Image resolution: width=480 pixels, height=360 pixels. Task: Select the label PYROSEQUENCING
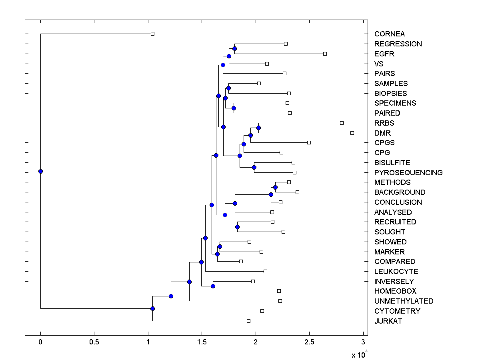click(x=408, y=173)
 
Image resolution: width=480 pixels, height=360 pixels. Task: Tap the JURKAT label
click(x=388, y=321)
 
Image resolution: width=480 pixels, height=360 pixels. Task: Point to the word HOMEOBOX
click(x=395, y=291)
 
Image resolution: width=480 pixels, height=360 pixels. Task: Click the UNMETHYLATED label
click(x=404, y=301)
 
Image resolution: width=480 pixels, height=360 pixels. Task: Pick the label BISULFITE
click(x=392, y=163)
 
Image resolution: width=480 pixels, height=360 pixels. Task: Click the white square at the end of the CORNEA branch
click(x=152, y=34)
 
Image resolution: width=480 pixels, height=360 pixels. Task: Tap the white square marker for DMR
click(x=352, y=133)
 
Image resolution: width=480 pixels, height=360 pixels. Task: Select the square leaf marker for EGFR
click(x=325, y=54)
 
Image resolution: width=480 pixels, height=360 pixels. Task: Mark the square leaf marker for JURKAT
click(x=248, y=321)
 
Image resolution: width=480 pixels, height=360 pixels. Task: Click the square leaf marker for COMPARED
click(x=241, y=261)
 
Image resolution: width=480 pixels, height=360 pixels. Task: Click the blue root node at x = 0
click(x=40, y=171)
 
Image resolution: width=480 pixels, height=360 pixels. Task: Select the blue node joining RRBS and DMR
click(x=258, y=128)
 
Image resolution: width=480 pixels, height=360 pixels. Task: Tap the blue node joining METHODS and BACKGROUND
click(x=275, y=187)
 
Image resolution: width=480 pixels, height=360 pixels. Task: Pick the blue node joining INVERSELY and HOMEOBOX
click(x=213, y=286)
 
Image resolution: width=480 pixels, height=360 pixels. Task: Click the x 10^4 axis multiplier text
click(x=359, y=354)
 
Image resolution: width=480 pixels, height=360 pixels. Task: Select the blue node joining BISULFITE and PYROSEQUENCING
click(x=254, y=168)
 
